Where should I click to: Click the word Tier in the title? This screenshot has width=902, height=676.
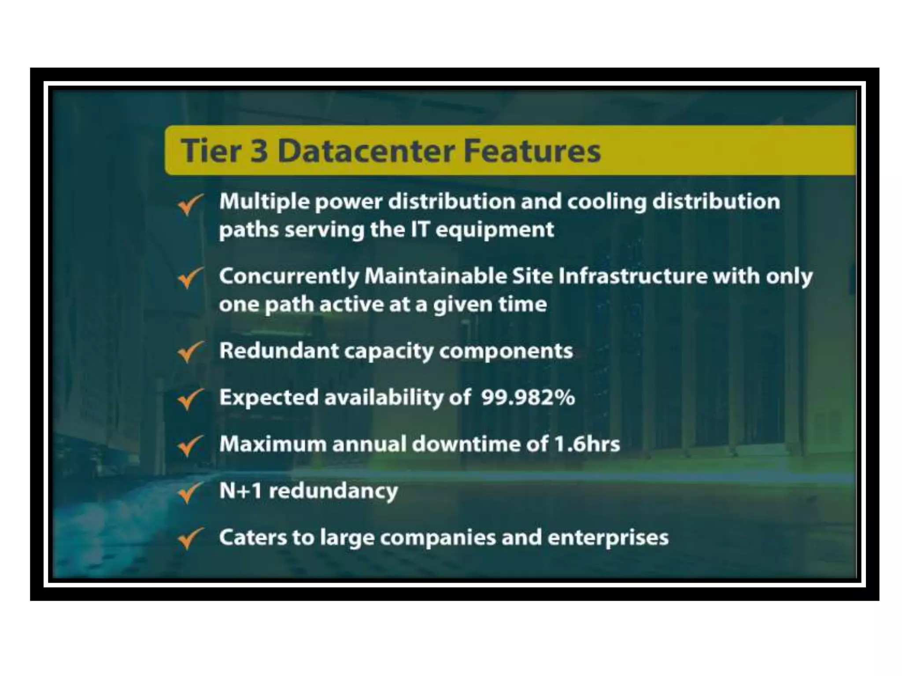click(211, 151)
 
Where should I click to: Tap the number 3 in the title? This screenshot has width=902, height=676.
click(259, 151)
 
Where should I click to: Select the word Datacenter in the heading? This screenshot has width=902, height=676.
click(366, 151)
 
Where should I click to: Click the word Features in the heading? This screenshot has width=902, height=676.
click(532, 151)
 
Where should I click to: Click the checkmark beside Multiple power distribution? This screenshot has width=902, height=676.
click(190, 205)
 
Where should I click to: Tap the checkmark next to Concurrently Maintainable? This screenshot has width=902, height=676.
click(190, 279)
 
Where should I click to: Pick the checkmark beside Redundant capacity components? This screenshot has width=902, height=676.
click(190, 352)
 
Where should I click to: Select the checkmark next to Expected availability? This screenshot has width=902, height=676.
click(190, 399)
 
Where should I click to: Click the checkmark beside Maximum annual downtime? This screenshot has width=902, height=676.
click(190, 446)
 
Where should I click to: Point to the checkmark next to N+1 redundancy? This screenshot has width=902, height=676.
click(190, 492)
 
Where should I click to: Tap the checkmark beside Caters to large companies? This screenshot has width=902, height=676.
click(190, 539)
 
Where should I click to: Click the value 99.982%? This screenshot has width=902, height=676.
click(528, 397)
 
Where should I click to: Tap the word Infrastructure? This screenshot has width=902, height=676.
click(633, 276)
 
